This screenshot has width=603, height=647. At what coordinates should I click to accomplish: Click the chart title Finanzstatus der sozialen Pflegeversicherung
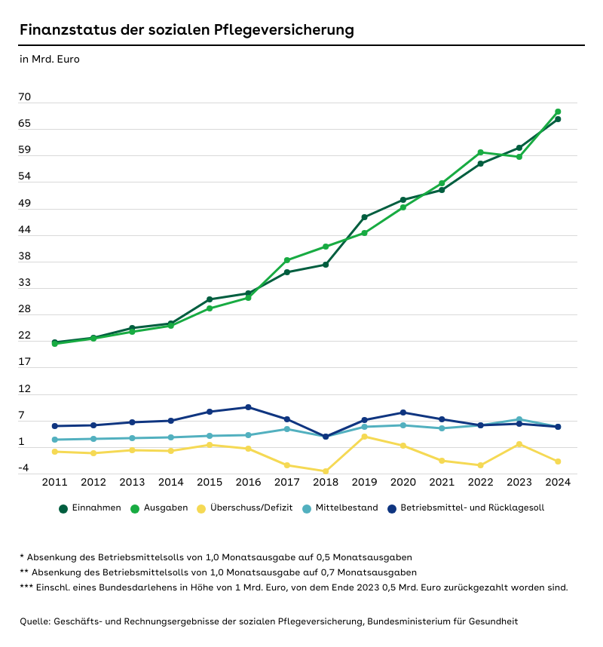point(186,30)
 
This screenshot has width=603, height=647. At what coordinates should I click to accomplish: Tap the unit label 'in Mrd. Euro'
point(49,59)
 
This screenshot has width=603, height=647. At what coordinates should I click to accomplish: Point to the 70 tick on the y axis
point(25,97)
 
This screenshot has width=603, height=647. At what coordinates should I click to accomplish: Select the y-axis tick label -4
point(24,468)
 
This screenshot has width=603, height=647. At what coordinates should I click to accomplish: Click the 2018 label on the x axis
point(326,483)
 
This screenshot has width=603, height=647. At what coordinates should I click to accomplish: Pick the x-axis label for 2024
point(558,483)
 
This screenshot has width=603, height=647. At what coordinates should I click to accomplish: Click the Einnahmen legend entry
point(96,508)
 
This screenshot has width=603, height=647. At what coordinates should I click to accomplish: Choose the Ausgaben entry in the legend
point(165,508)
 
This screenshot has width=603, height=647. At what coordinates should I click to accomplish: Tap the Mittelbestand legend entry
point(347,508)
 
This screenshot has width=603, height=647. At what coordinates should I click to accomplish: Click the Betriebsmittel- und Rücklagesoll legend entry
point(472,508)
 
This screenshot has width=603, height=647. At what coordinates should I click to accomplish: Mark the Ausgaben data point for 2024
point(558,112)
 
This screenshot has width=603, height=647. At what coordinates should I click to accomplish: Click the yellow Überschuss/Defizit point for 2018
point(326,471)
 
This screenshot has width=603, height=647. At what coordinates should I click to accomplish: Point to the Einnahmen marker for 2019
point(365,217)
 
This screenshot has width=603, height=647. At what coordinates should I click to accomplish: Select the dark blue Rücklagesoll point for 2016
point(249,407)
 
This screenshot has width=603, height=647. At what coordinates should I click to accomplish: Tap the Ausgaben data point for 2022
point(480,152)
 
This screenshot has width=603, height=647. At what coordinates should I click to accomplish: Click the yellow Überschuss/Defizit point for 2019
point(365,437)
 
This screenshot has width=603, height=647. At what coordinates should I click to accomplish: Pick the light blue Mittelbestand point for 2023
point(519,419)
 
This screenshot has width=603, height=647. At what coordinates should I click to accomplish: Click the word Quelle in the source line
point(35,621)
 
